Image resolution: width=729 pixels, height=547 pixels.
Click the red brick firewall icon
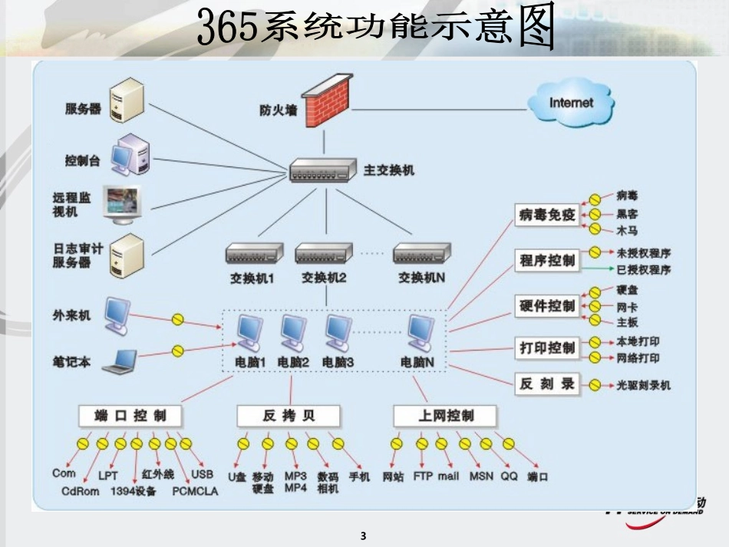pyautogui.click(x=325, y=101)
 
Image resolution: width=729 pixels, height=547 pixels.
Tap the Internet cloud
pyautogui.click(x=571, y=103)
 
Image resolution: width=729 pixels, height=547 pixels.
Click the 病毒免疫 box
pyautogui.click(x=546, y=215)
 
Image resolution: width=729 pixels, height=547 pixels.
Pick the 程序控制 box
pyautogui.click(x=546, y=261)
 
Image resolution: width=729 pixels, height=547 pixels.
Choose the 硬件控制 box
pyautogui.click(x=546, y=306)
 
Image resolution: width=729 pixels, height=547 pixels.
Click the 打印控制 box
pyautogui.click(x=546, y=348)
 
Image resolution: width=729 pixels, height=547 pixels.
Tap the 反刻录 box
pyautogui.click(x=546, y=384)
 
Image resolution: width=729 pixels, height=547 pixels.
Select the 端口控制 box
pyautogui.click(x=130, y=416)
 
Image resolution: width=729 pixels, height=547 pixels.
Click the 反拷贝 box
pyautogui.click(x=289, y=416)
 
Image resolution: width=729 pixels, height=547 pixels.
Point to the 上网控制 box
pyautogui.click(x=445, y=416)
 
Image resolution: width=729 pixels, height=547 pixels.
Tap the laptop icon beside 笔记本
pyautogui.click(x=119, y=361)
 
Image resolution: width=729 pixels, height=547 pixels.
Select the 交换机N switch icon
pyautogui.click(x=421, y=254)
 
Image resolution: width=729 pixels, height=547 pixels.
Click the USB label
pyautogui.click(x=202, y=473)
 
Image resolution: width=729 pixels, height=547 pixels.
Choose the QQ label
pyautogui.click(x=509, y=476)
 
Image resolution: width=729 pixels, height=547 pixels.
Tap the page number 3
pyautogui.click(x=364, y=535)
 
